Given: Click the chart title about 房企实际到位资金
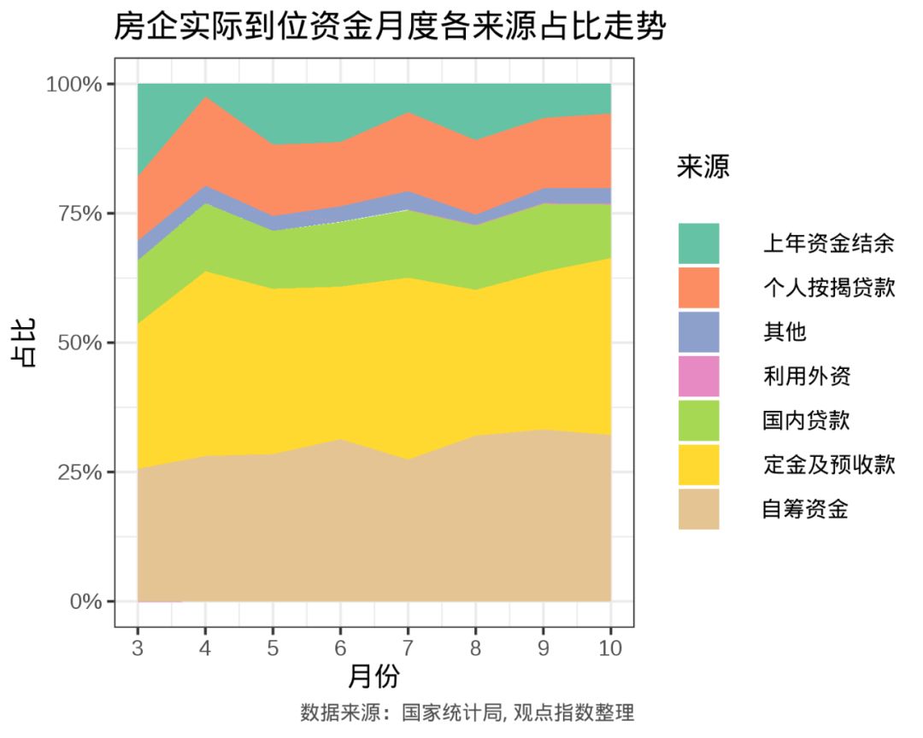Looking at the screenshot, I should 389,27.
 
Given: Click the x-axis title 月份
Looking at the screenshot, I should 373,676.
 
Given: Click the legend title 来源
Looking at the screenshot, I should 703,167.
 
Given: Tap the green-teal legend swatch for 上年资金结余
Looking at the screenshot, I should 698,243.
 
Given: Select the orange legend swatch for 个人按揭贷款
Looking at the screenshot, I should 698,288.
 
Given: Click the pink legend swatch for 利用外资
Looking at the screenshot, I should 698,376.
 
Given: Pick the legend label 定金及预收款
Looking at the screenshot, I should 828,465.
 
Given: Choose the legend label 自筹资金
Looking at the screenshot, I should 805,510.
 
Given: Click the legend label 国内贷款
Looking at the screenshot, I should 805,420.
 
